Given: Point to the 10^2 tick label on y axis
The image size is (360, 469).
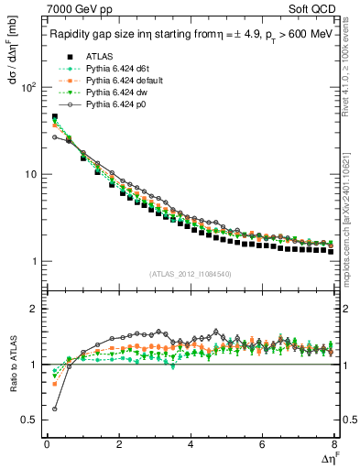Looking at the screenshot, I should [27, 88].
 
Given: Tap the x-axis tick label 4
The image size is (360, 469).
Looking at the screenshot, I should [190, 445].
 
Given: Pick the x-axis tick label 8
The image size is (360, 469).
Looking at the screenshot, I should [333, 445].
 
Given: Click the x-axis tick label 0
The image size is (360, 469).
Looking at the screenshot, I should [47, 445].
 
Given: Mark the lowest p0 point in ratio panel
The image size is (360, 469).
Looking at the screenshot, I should [54, 409].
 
